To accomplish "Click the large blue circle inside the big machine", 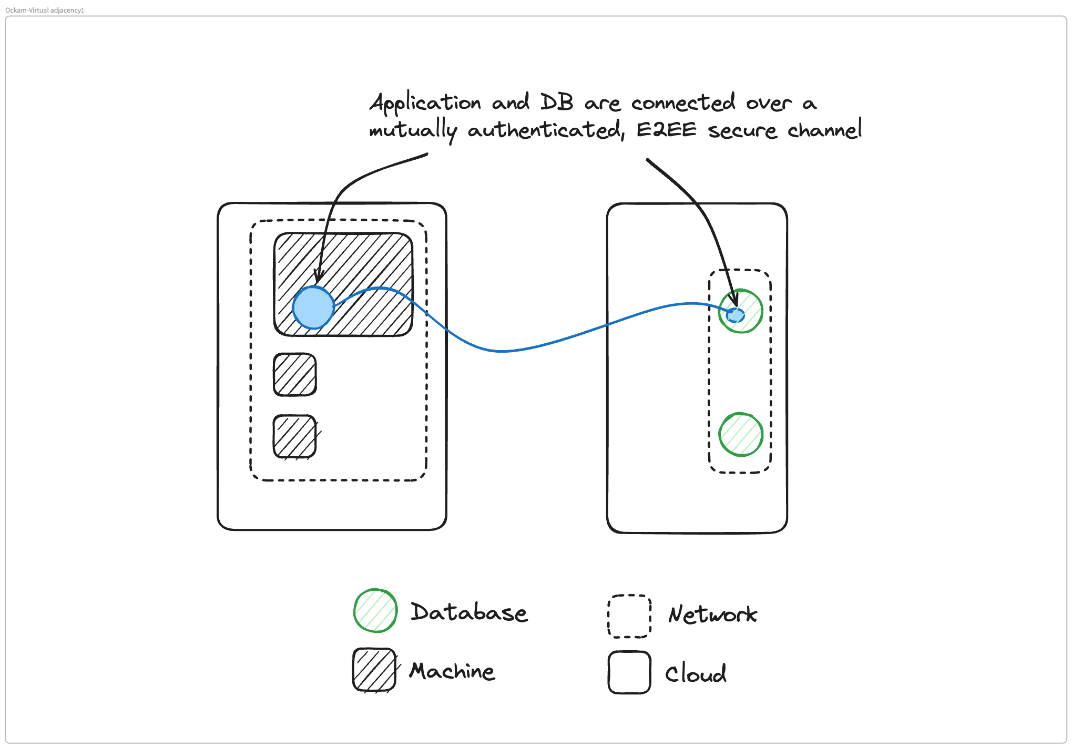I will click(x=313, y=308).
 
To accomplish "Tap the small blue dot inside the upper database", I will click(x=736, y=315).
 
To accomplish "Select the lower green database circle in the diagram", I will click(x=741, y=435).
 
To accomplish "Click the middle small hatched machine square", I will click(x=295, y=374).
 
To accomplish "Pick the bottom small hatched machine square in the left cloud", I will click(x=295, y=437).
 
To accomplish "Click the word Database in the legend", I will click(x=468, y=612).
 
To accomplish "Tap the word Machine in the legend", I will click(x=452, y=671).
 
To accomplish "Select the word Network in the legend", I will click(x=712, y=614).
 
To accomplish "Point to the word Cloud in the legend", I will click(x=696, y=673).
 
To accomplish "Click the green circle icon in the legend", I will click(x=375, y=610).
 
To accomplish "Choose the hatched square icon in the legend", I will click(x=374, y=670).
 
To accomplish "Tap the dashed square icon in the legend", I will click(x=629, y=616).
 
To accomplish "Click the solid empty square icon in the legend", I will click(x=629, y=672).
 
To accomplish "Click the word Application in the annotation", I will click(x=425, y=103).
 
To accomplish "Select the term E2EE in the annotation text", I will click(x=666, y=130).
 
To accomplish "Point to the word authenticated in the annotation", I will click(x=545, y=130).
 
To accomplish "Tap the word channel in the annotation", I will click(x=824, y=130).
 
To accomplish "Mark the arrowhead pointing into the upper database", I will click(x=735, y=301).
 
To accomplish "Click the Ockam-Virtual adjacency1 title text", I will click(x=45, y=10).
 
